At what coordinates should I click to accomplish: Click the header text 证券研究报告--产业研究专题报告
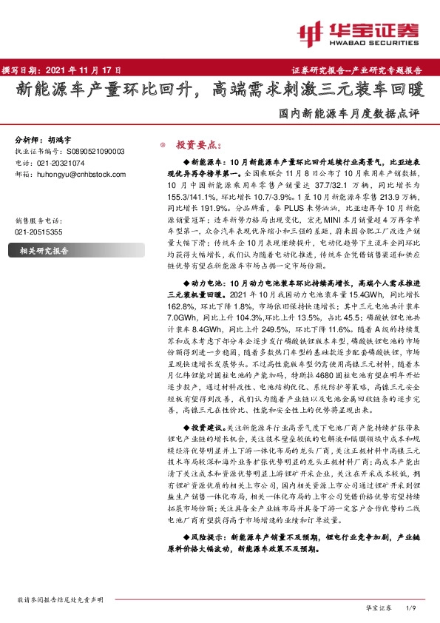coord(362,70)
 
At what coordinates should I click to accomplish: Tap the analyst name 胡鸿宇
coord(60,139)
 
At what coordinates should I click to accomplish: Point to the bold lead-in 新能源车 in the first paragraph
coord(203,161)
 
